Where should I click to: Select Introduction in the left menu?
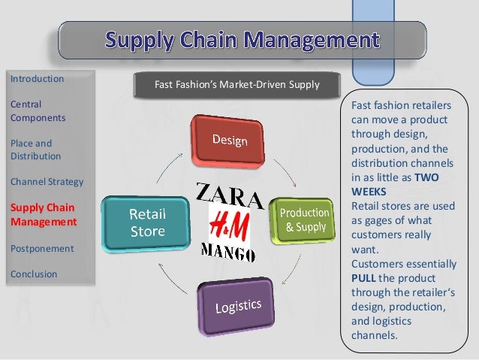point(37,78)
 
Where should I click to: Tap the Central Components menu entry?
point(38,110)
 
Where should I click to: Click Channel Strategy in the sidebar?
point(47,181)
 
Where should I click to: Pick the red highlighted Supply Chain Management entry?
point(43,214)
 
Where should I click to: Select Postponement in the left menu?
point(42,247)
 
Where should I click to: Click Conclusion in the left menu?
point(33,274)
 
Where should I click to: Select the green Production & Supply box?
point(304,219)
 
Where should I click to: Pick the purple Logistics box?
point(237,307)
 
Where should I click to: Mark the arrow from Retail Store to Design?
point(171,160)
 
